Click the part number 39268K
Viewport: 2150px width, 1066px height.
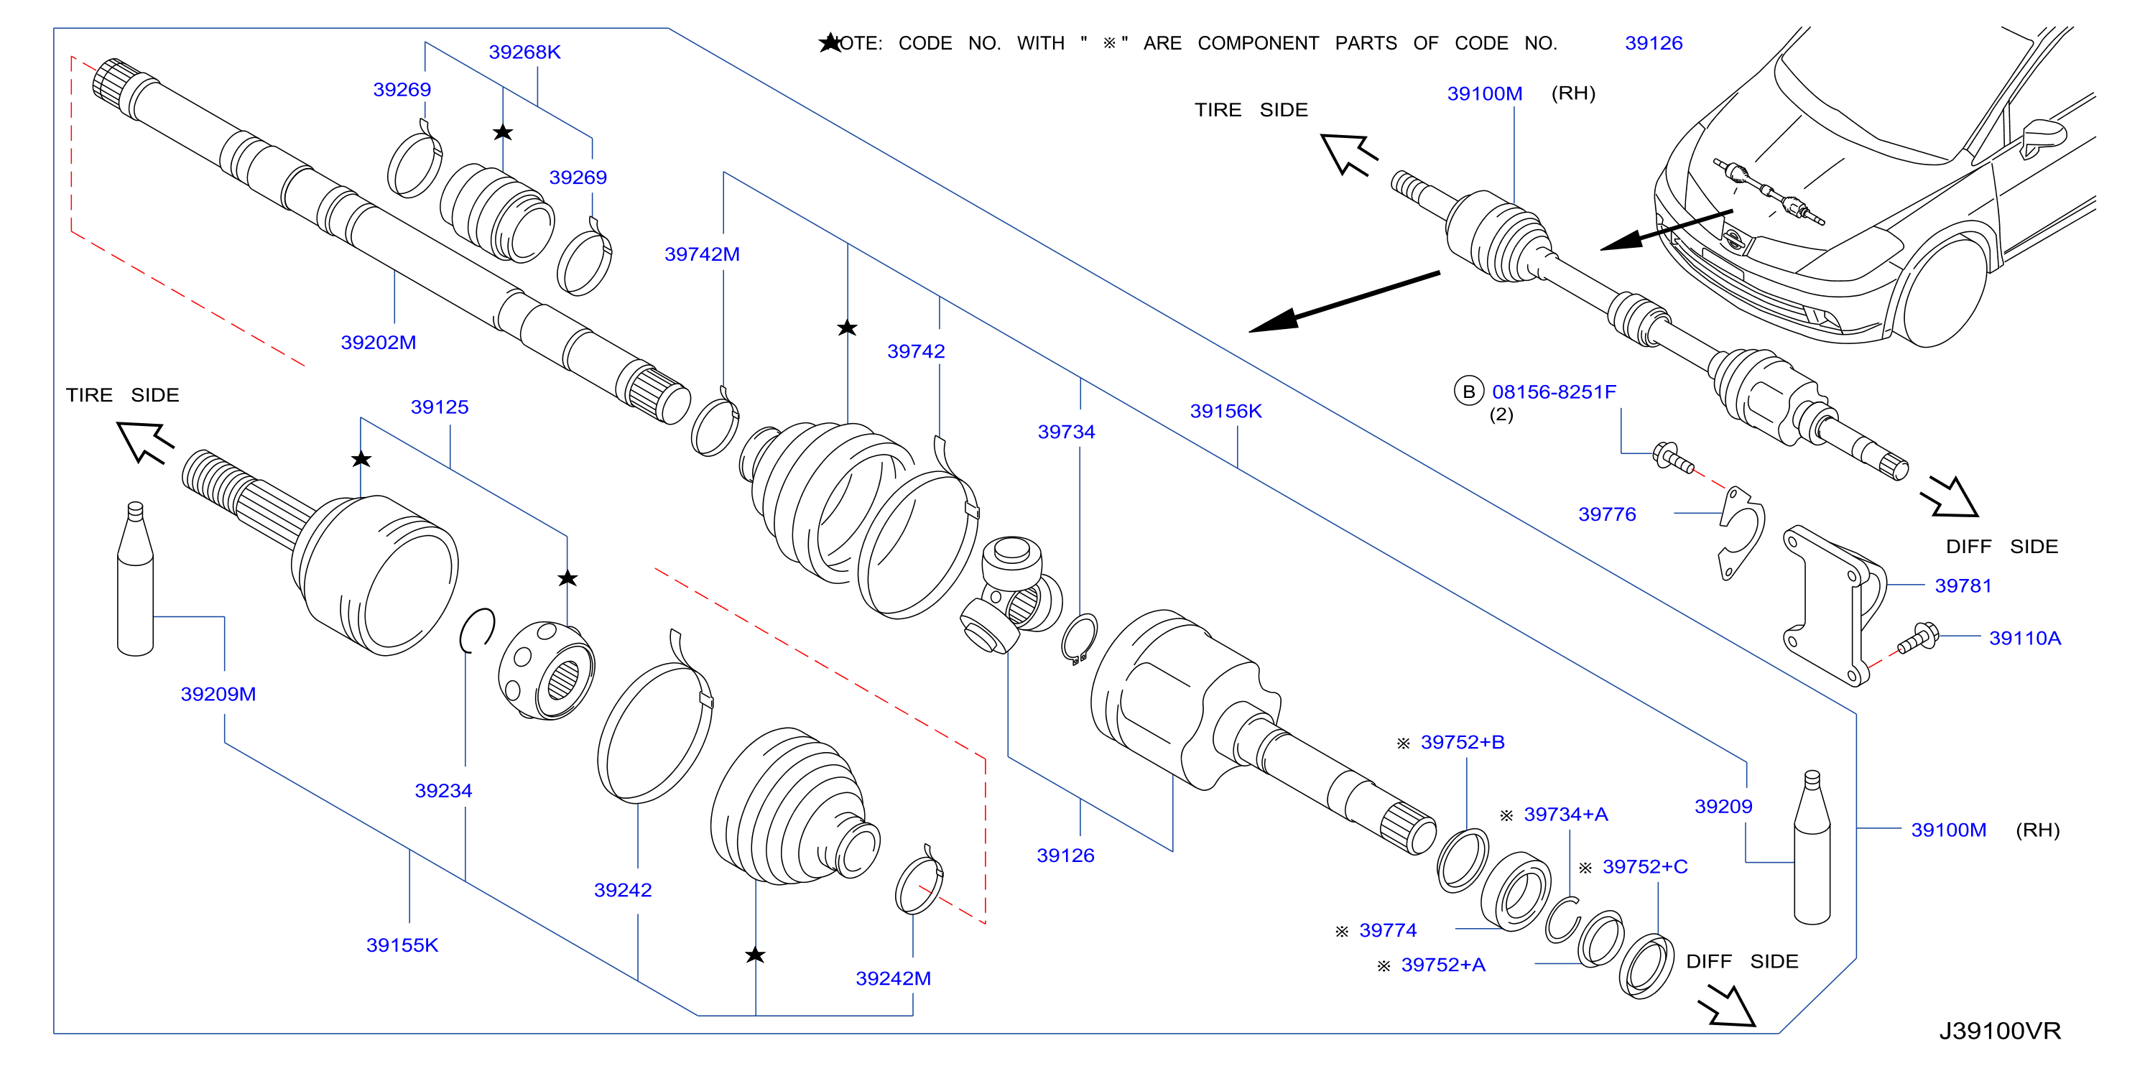coord(524,52)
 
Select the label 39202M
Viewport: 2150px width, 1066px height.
coord(378,342)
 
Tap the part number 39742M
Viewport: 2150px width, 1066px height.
coord(702,254)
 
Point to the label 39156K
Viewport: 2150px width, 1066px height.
coord(1225,411)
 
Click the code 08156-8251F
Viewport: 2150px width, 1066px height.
coord(1553,391)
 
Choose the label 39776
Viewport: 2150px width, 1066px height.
coord(1607,514)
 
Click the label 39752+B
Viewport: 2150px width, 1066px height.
coord(1463,742)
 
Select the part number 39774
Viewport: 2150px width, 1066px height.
coord(1387,930)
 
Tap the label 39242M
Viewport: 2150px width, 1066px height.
coord(893,978)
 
